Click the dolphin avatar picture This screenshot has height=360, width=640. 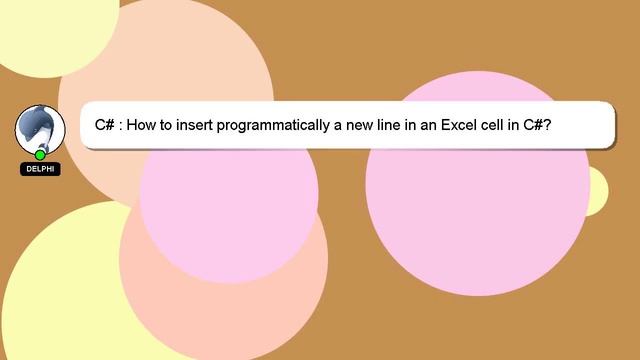pyautogui.click(x=39, y=128)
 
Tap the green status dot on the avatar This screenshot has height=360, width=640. pyautogui.click(x=40, y=155)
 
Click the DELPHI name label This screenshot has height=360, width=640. pyautogui.click(x=40, y=170)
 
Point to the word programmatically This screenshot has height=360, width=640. pyautogui.click(x=277, y=126)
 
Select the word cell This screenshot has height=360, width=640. pyautogui.click(x=500, y=126)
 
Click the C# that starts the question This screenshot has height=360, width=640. pyautogui.click(x=105, y=126)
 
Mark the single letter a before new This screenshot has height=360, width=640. pyautogui.click(x=338, y=127)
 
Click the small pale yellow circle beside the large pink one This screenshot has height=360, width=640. pyautogui.click(x=596, y=190)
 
